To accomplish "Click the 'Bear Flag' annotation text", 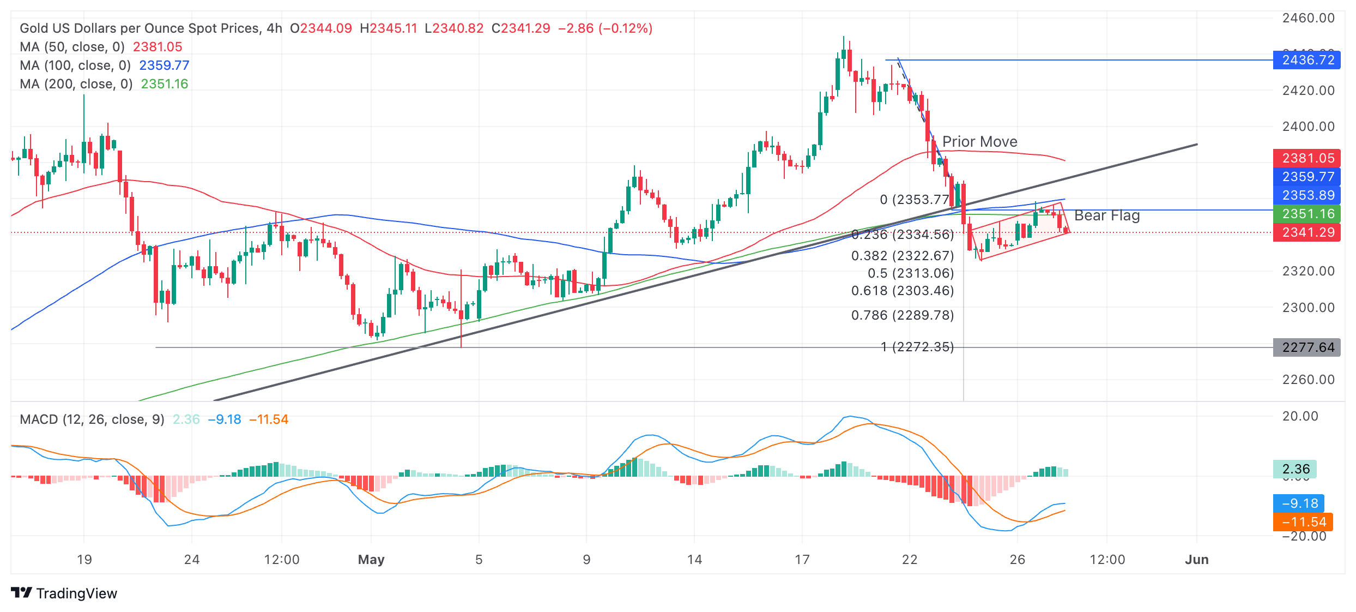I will pyautogui.click(x=1106, y=215).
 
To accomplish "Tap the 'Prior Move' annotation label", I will pyautogui.click(x=979, y=142).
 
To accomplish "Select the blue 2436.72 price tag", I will pyautogui.click(x=1307, y=60).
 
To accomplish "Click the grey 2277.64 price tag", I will pyautogui.click(x=1307, y=347).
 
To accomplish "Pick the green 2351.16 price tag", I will pyautogui.click(x=1307, y=214).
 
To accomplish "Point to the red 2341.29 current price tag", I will pyautogui.click(x=1307, y=232).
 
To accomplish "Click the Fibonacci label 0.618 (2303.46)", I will pyautogui.click(x=903, y=291).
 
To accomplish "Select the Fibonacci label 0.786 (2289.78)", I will pyautogui.click(x=903, y=315).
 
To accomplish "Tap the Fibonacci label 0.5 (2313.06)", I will pyautogui.click(x=911, y=273).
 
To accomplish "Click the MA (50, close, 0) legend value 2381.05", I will pyautogui.click(x=158, y=47).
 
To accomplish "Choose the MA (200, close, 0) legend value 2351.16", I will pyautogui.click(x=164, y=84).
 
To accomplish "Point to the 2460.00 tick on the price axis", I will pyautogui.click(x=1308, y=18).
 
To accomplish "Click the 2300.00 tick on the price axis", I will pyautogui.click(x=1308, y=308).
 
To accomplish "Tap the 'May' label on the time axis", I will pyautogui.click(x=371, y=560).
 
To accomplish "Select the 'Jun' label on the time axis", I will pyautogui.click(x=1197, y=560).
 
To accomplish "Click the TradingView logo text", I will pyautogui.click(x=76, y=593).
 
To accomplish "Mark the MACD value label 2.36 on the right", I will pyautogui.click(x=1296, y=469).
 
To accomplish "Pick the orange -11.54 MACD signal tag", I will pyautogui.click(x=1303, y=522).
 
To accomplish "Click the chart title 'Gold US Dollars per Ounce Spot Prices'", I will pyautogui.click(x=139, y=28).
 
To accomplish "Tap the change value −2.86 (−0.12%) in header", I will pyautogui.click(x=605, y=28).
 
